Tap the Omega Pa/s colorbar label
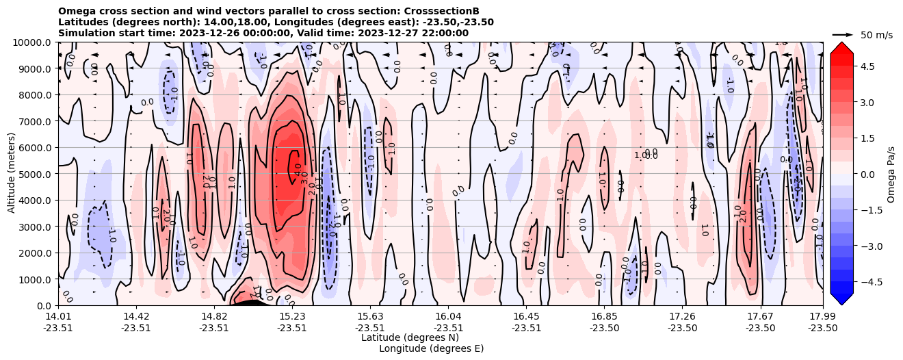coord(891,174)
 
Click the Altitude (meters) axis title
coord(12,174)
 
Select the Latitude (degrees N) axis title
coord(410,337)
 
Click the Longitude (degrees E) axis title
coord(431,348)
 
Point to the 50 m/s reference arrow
coord(843,34)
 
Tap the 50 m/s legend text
coord(876,35)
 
